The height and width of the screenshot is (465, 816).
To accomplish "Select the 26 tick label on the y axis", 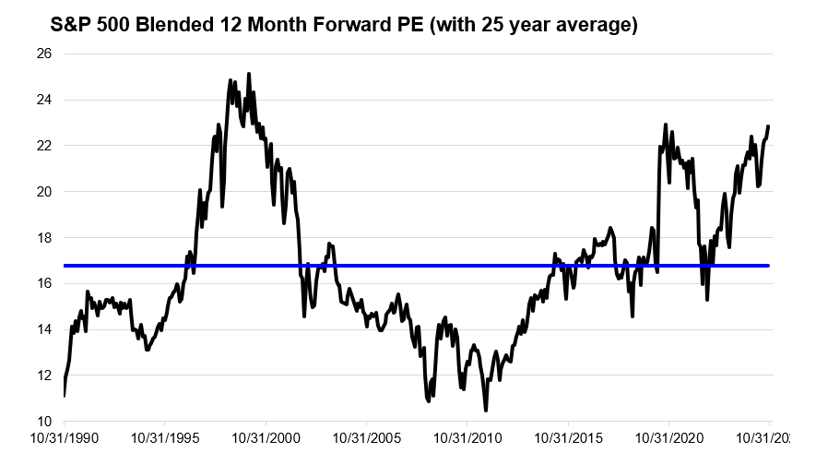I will coord(44,54).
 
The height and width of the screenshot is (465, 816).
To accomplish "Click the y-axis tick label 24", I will coord(44,101).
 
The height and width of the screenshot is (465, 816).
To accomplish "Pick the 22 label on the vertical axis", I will coord(44,146).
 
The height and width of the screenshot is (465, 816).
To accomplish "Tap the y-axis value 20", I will coord(44,192).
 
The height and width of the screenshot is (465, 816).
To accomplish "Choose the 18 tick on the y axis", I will coord(44,238).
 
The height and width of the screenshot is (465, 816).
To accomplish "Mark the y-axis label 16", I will coord(44,284).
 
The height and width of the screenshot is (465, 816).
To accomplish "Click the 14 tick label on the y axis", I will coord(44,329).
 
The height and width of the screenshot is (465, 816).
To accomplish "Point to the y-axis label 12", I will coord(44,376).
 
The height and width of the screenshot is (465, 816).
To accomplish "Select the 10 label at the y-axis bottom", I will coord(44,422).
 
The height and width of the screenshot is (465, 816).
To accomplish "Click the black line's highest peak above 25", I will coord(249,74).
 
